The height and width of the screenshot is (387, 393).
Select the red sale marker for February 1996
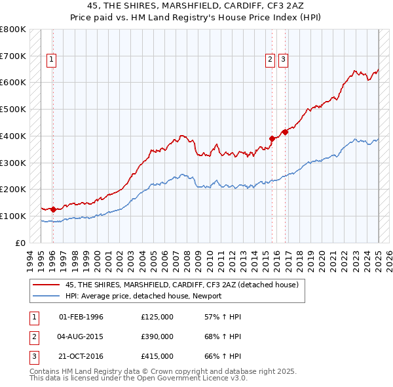53,209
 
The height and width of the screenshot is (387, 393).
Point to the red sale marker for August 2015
272,138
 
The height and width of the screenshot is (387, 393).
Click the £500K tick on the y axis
13,109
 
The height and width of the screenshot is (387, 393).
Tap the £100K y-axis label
13,216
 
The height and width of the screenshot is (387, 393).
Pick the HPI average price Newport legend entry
143,296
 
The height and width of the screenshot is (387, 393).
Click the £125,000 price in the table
157,317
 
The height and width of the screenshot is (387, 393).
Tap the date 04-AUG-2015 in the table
81,336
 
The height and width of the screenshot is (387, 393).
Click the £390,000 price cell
157,336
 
